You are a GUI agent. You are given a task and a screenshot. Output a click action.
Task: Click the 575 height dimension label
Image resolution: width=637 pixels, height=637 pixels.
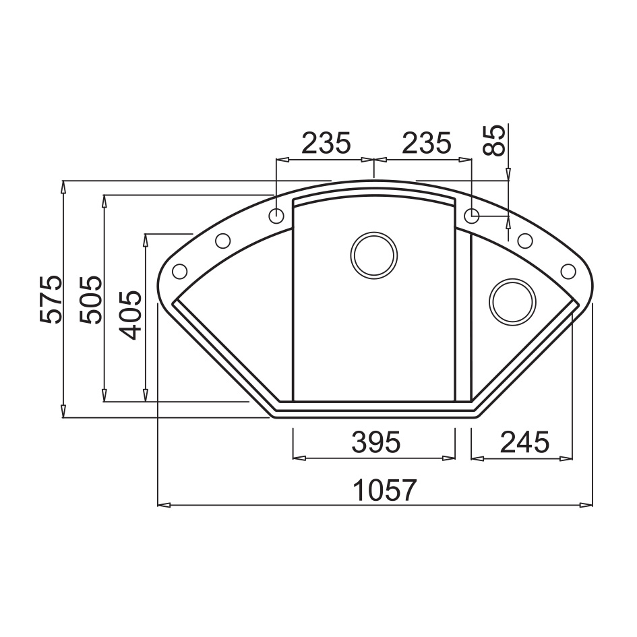pos(52,299)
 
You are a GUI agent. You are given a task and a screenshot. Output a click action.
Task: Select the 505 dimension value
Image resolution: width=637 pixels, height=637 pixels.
pos(91,300)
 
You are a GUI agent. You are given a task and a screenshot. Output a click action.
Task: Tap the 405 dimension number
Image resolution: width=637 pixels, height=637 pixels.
pos(131,315)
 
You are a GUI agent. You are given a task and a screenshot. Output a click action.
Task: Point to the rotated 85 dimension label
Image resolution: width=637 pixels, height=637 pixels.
pos(493,141)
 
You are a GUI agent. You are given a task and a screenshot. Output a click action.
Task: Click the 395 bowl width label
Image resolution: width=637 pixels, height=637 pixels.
pos(376,442)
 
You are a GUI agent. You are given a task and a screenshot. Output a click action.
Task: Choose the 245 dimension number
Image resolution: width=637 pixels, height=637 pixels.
pos(525,442)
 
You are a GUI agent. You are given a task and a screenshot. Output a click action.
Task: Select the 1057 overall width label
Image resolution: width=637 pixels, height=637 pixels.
pos(385,490)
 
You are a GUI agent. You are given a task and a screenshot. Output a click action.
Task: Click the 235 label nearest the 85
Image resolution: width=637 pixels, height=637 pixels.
pos(427,143)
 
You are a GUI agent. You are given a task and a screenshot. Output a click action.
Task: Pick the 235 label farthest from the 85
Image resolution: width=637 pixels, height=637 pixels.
pos(326,143)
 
